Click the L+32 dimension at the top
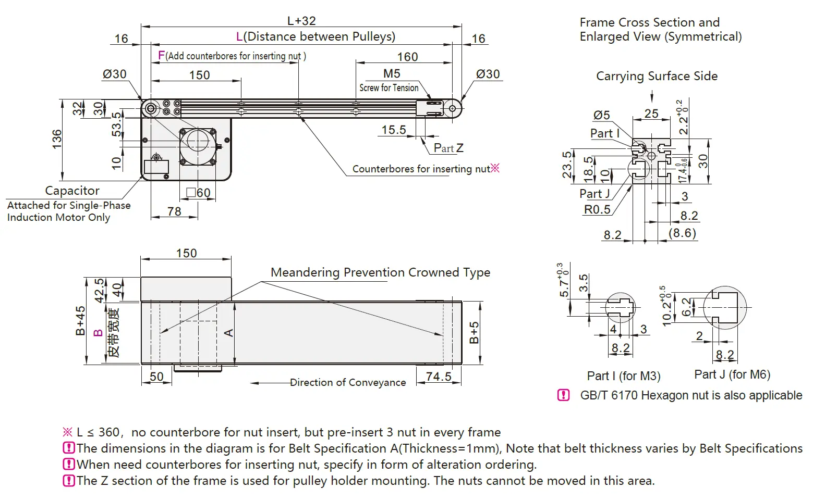[x=301, y=21]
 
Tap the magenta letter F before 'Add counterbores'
[x=161, y=55]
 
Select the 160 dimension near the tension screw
[x=407, y=57]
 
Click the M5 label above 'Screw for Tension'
[x=392, y=74]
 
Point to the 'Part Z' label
[x=448, y=148]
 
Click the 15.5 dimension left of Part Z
[x=394, y=130]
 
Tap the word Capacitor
[x=72, y=191]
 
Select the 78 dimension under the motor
[x=174, y=211]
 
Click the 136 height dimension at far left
[x=57, y=139]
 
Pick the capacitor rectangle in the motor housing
[x=156, y=167]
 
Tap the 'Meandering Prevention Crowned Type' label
[x=380, y=272]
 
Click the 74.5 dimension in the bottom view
[x=439, y=377]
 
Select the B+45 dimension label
[x=80, y=321]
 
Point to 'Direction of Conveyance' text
[x=348, y=383]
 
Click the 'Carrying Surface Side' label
[x=657, y=76]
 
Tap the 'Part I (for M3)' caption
[x=624, y=376]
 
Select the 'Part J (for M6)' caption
[x=732, y=374]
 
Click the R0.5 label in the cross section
[x=597, y=209]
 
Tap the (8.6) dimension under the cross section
[x=683, y=233]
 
